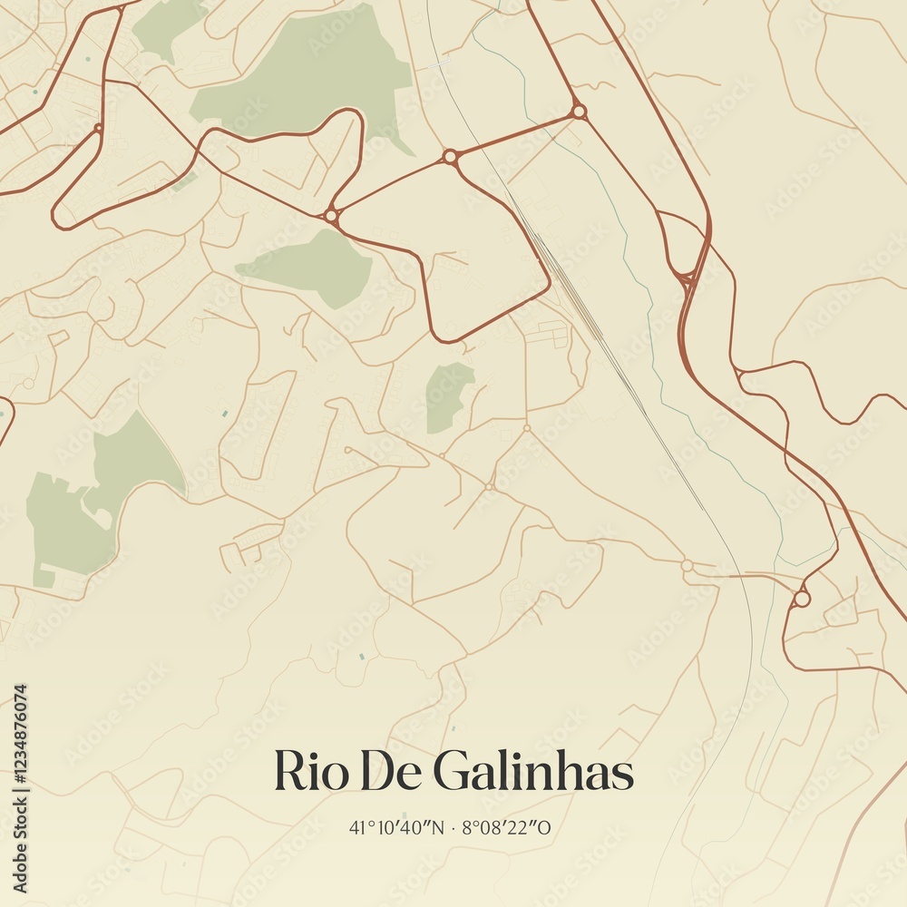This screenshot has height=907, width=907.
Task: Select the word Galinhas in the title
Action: pos(532,772)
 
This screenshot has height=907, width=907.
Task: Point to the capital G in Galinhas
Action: pos(449,772)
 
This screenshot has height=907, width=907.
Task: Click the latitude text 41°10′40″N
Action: pos(397,827)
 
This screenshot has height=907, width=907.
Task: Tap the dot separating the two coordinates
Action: pos(455,827)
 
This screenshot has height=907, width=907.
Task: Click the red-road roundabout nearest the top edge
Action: pos(579,112)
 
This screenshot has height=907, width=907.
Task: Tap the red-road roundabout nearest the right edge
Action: pos(801,599)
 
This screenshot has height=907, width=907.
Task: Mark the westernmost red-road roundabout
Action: pos(97,128)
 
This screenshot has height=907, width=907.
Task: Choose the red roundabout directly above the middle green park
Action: pos(331,216)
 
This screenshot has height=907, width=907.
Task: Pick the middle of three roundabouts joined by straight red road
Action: pos(449,157)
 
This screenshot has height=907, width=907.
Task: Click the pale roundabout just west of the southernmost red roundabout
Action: pos(687,565)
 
